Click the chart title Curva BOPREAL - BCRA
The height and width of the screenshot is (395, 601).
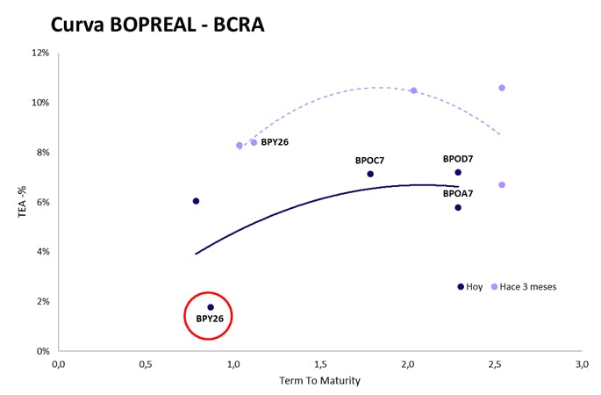(158, 25)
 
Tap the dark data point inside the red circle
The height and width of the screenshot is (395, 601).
(211, 307)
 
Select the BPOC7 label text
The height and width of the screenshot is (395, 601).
(369, 161)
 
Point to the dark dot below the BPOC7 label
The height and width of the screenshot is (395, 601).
(370, 174)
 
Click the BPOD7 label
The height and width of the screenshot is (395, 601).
(458, 159)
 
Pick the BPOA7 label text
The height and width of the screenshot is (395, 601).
(458, 194)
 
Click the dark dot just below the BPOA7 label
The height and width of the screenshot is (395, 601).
(458, 207)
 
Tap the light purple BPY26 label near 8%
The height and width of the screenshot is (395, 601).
(275, 142)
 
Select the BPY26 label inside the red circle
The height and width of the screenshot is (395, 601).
(210, 319)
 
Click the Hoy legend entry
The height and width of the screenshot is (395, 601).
(470, 287)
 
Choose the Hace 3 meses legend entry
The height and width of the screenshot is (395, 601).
(524, 287)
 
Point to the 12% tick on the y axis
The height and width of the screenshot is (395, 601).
(40, 53)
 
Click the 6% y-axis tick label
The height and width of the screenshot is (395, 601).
(43, 202)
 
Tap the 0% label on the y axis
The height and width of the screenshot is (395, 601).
(43, 351)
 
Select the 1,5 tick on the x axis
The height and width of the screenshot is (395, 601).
(321, 364)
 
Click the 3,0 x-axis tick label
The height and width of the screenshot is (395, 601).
(582, 364)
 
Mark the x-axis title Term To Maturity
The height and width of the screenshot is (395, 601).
(319, 381)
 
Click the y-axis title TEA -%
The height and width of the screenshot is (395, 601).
(22, 202)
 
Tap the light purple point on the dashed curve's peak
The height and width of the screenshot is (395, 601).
(413, 90)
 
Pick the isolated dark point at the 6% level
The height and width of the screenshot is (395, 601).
(196, 201)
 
